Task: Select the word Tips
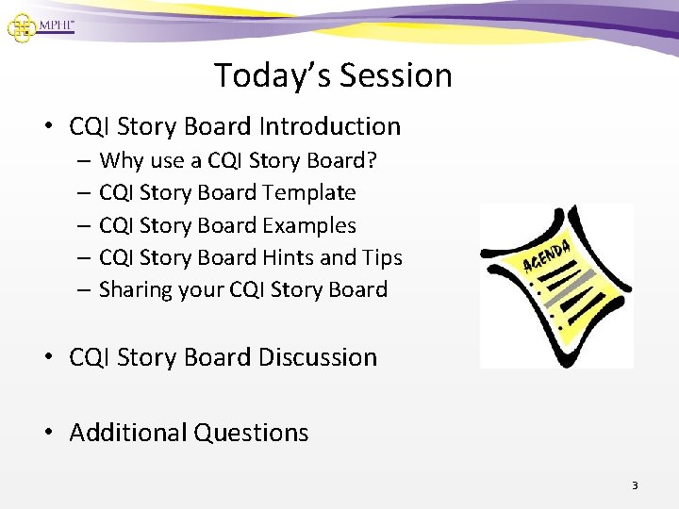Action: pos(382,257)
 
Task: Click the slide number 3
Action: pos(635,485)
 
